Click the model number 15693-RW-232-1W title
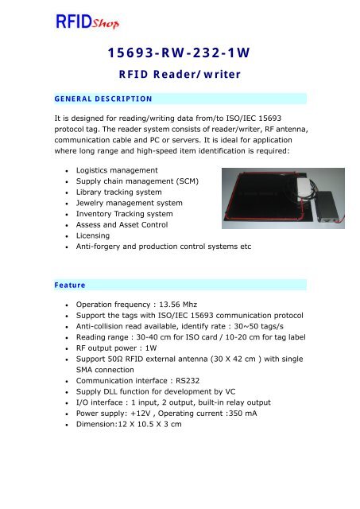(x=179, y=53)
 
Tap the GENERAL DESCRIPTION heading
(x=99, y=99)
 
